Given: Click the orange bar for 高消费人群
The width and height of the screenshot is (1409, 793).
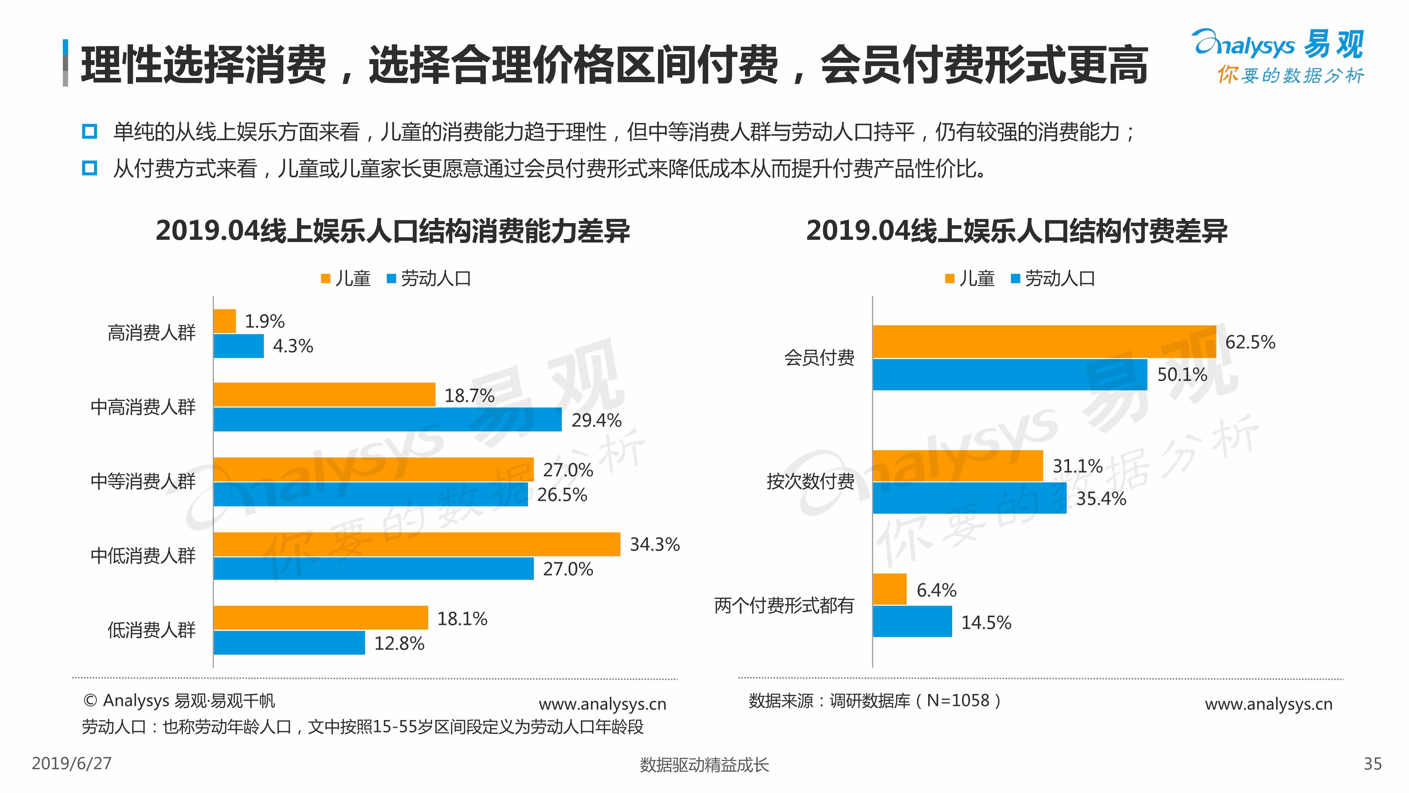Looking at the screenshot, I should point(224,321).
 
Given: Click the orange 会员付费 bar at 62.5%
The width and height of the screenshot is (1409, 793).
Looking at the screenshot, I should point(1044,342).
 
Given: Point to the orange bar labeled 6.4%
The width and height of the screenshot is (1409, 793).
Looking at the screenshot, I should point(889,589).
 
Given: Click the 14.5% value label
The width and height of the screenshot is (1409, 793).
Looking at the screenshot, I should point(986,623).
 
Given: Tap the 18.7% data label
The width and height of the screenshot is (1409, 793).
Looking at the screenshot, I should point(469,395).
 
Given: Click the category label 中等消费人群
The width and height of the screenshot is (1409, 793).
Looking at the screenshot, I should point(143,481).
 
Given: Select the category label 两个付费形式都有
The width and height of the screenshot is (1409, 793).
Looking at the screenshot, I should point(784,605).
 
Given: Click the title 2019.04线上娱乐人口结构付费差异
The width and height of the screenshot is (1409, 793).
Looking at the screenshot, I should point(1016,230).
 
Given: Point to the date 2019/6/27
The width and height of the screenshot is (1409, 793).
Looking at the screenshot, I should point(72,763).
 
